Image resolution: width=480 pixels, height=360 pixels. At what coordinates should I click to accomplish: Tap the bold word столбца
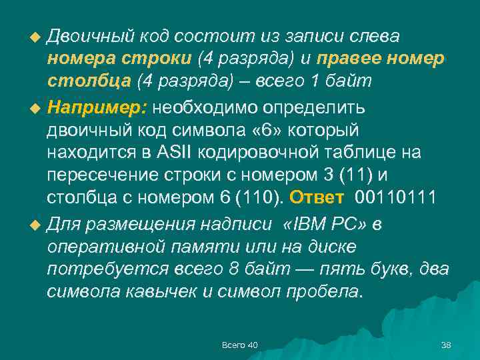[89, 82]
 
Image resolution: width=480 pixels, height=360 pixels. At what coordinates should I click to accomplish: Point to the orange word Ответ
[317, 199]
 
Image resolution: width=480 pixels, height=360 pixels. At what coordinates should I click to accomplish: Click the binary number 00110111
[396, 199]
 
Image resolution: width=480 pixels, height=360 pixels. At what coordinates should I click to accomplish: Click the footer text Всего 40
[240, 345]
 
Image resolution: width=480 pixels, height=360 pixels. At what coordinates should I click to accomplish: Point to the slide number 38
[447, 345]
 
